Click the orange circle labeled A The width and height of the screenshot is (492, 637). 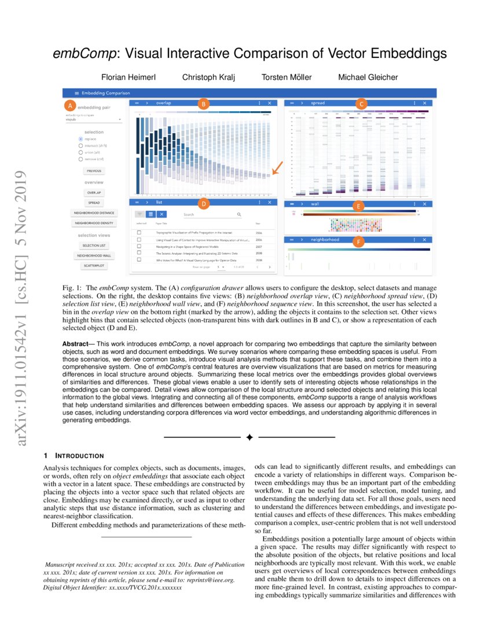coord(69,106)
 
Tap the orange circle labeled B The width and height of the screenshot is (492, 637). coord(203,104)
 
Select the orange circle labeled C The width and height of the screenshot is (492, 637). coord(361,104)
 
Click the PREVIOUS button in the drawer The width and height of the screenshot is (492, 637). coord(94,171)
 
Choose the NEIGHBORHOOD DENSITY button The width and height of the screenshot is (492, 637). coord(94,223)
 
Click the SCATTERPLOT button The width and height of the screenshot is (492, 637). coord(94,266)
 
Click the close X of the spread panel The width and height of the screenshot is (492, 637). coord(425,103)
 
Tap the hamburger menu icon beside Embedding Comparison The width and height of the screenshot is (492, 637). coord(75,93)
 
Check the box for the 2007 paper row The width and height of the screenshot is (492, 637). coord(139,246)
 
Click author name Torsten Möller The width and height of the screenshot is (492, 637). coord(286,77)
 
